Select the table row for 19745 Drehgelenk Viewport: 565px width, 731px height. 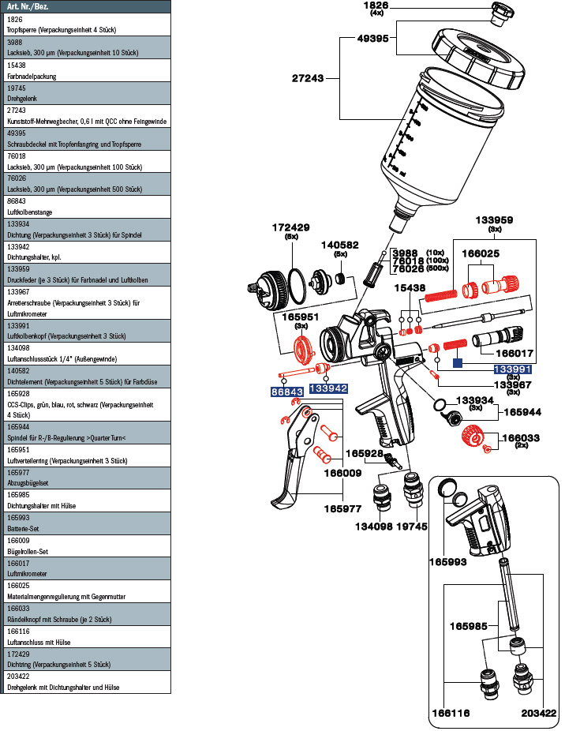coord(85,93)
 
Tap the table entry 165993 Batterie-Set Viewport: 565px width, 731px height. coord(85,523)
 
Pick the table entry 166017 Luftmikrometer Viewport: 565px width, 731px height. coord(85,569)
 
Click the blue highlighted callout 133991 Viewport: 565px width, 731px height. coord(513,369)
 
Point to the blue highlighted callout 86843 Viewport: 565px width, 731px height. coord(287,391)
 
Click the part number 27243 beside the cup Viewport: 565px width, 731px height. coord(309,79)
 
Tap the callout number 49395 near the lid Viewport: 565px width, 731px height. coord(372,38)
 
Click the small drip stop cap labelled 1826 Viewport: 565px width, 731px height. coord(500,13)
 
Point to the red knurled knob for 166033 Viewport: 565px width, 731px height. coord(472,434)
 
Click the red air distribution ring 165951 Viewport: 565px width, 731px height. coord(301,347)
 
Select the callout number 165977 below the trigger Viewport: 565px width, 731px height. coord(341,509)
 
